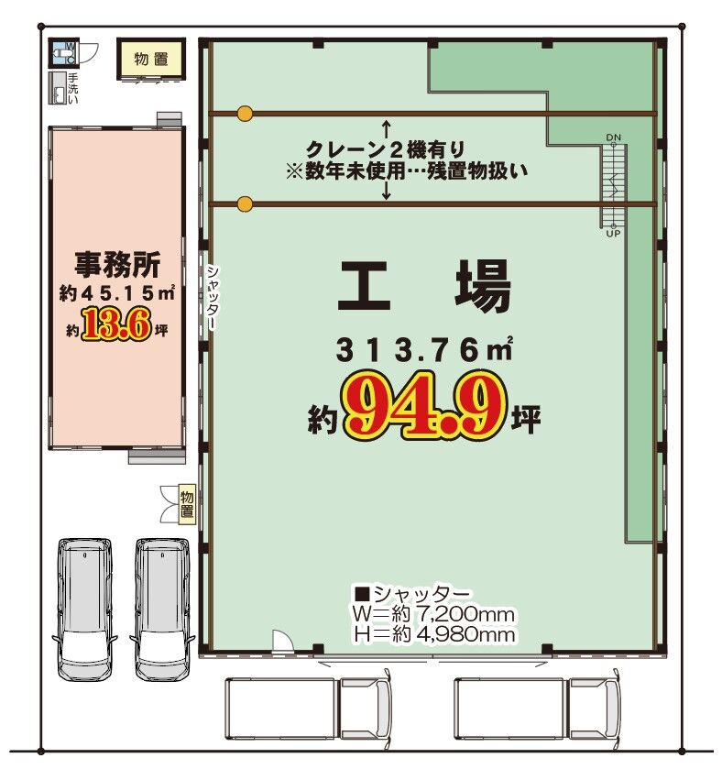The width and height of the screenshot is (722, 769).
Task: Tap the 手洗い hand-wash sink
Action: pos(58,88)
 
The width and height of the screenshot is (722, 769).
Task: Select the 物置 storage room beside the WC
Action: pos(151,59)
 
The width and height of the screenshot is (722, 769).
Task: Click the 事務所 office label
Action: pos(117,265)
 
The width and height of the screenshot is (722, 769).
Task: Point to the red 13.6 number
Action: pos(116,324)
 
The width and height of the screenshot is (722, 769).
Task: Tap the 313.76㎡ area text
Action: pos(424,350)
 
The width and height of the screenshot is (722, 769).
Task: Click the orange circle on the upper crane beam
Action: pos(245,114)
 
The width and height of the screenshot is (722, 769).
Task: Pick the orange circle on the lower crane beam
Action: pos(245,203)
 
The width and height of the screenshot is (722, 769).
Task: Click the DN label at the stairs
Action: pos(614,137)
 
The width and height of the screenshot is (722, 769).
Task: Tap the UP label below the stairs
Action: pos(614,234)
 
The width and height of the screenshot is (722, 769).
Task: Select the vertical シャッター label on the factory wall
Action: pos(213,298)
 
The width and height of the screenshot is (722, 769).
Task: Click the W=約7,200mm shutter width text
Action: pos(433,614)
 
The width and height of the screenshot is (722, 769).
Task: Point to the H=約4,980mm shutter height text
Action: pos(434,634)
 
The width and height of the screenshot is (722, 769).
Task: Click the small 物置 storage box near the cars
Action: pos(187,504)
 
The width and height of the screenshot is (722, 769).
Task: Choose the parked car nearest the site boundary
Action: pos(84,609)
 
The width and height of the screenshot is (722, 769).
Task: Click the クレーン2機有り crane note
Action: pos(385,148)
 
